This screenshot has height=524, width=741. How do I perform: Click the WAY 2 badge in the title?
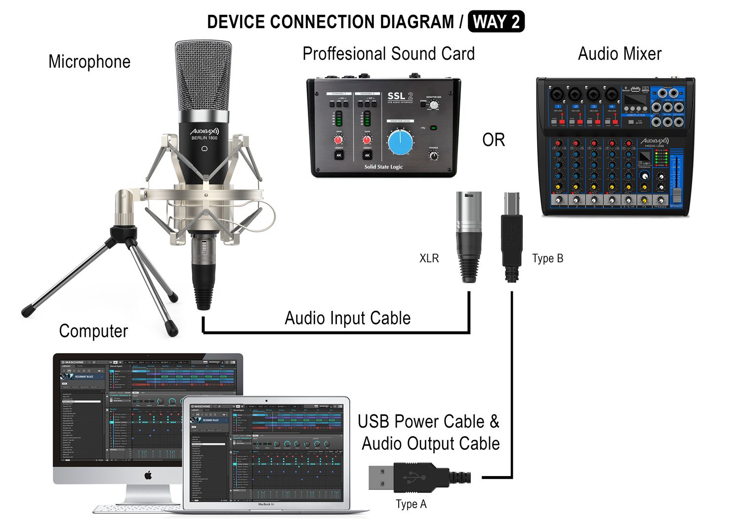click(496, 22)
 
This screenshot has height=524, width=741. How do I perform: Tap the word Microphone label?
click(89, 62)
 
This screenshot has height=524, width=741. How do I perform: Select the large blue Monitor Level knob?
click(400, 142)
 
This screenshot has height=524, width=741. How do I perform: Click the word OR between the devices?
click(494, 140)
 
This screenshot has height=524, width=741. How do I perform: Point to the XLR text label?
click(429, 258)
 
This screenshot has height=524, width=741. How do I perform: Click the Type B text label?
click(547, 258)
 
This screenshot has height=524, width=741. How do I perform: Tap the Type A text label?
click(411, 504)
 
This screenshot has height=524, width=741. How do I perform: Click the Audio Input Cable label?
click(347, 318)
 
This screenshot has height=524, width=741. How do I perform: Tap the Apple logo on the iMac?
click(148, 476)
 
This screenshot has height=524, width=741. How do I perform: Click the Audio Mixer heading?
click(619, 54)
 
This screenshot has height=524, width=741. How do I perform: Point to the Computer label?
click(93, 331)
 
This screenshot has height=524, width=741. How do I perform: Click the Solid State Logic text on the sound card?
click(383, 167)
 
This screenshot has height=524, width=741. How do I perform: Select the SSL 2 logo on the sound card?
click(400, 96)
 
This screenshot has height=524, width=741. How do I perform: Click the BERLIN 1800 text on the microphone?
click(204, 138)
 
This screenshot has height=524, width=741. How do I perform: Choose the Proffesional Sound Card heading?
click(388, 54)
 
